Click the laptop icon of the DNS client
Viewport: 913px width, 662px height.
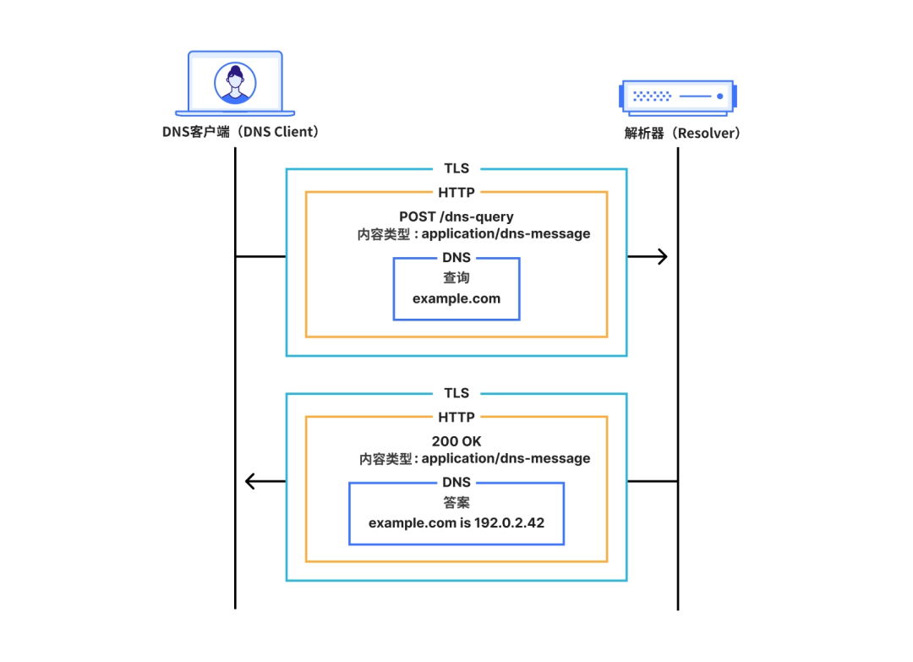[235, 84]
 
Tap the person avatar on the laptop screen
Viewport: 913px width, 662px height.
[235, 83]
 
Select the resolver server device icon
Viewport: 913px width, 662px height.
[677, 96]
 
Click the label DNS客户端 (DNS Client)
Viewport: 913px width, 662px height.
[240, 132]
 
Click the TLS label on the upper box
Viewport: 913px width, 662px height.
[456, 168]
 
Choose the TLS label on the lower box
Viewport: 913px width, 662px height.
[456, 393]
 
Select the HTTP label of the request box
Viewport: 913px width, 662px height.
[456, 192]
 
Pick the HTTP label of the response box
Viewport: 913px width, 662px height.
[456, 417]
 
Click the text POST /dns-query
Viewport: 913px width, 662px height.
[456, 216]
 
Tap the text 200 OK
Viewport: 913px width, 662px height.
[456, 441]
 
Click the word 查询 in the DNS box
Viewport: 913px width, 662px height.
[456, 278]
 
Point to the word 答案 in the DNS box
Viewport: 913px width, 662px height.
[456, 503]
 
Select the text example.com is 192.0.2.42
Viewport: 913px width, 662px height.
[456, 522]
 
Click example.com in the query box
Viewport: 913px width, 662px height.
[456, 298]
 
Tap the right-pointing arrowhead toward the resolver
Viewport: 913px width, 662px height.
[661, 256]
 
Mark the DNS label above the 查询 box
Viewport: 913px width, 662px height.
[456, 258]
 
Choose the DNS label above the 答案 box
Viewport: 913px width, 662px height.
[456, 482]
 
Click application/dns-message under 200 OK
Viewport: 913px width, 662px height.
[506, 459]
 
